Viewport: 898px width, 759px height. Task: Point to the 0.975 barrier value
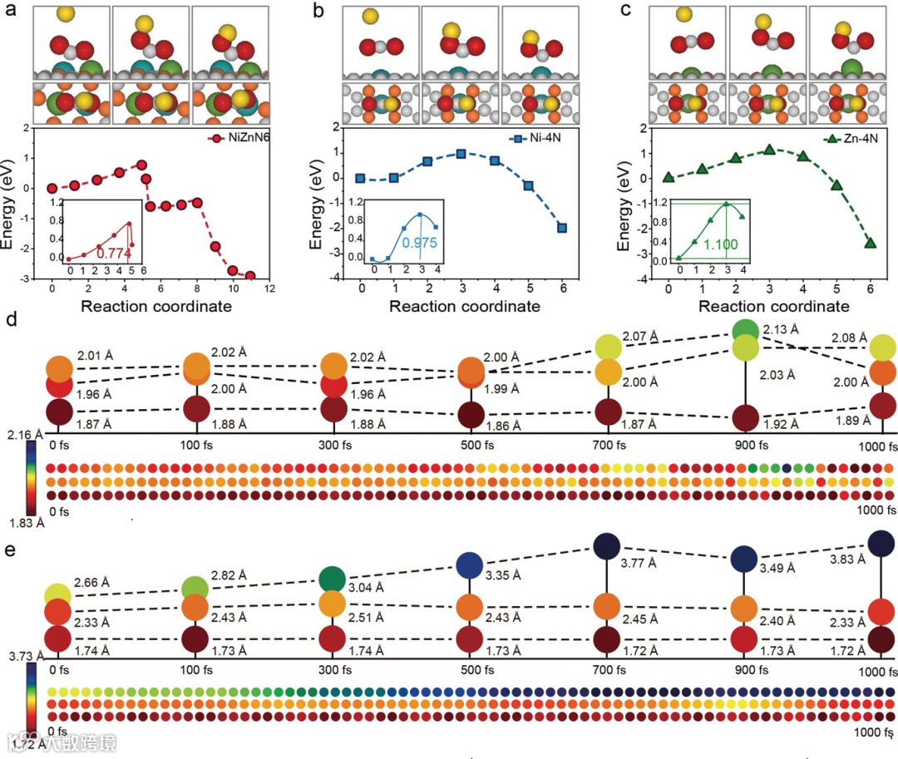(x=418, y=243)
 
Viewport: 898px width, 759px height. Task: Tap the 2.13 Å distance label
(x=782, y=329)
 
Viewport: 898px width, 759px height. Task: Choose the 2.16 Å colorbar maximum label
(x=17, y=433)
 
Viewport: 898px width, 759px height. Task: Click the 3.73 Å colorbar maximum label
(x=17, y=657)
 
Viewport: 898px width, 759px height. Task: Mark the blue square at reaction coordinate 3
(x=461, y=154)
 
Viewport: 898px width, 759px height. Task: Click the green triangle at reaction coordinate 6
(x=871, y=243)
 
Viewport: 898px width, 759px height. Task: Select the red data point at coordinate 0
(x=52, y=188)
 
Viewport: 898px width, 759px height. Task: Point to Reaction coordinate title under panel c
(x=773, y=306)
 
